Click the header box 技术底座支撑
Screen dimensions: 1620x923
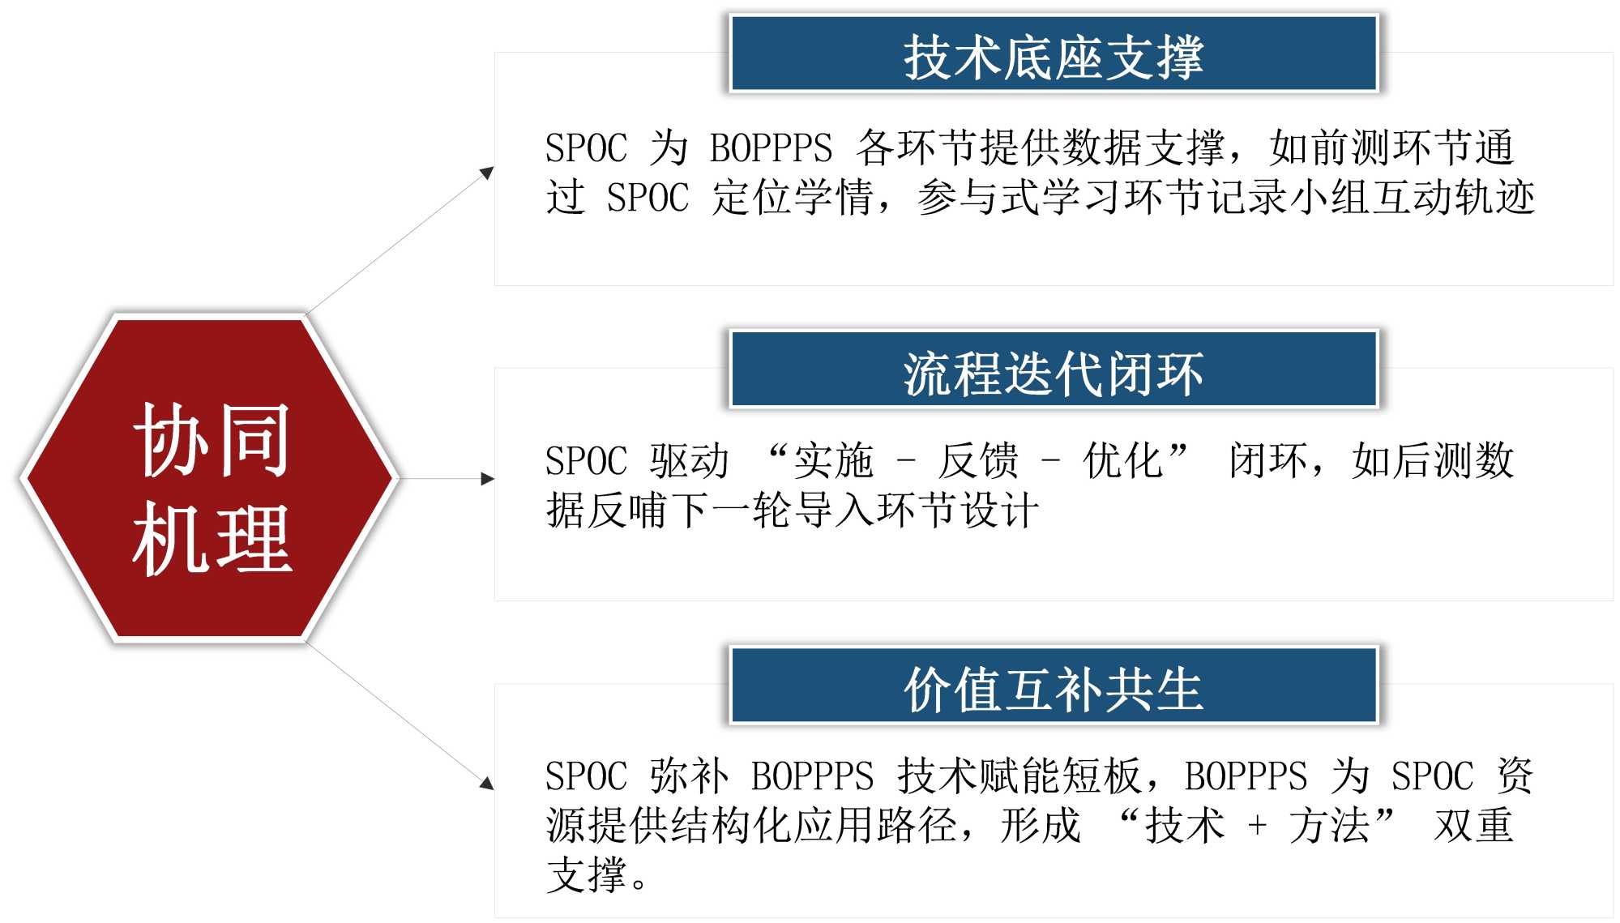tap(1054, 53)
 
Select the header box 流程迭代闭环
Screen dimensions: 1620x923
tap(1054, 369)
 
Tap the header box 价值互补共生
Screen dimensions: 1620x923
tap(1054, 685)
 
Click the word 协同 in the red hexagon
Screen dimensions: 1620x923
tap(212, 440)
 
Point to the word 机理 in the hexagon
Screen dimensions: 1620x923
tap(212, 538)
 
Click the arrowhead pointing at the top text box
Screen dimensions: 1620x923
tap(487, 173)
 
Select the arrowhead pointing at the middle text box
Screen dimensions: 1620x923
tap(488, 479)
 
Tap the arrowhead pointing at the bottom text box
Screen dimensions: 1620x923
tap(487, 782)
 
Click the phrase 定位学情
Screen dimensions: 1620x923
tap(792, 198)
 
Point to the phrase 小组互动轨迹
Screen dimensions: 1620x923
tap(1413, 198)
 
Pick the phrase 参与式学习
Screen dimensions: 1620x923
tap(1020, 198)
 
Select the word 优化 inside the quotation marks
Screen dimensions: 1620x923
tap(1123, 461)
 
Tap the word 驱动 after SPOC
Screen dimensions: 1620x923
tap(690, 461)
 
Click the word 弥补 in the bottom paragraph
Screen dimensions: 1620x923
tap(690, 776)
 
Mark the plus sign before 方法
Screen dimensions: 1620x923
tap(1257, 826)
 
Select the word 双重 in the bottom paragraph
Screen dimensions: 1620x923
tap(1473, 826)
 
